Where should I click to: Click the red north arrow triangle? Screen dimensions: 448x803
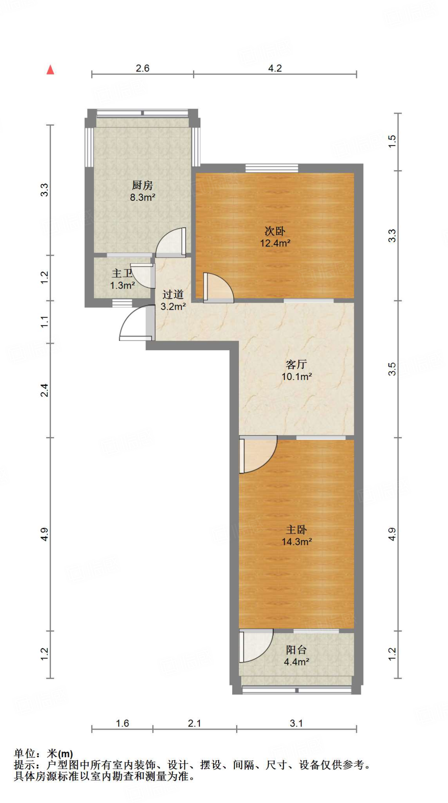50,70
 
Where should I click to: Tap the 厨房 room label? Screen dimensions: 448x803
142,185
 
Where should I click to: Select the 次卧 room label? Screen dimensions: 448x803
275,231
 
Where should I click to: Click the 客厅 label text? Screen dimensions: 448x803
296,365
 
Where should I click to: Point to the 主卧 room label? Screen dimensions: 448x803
296,530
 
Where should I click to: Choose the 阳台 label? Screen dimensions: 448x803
296,650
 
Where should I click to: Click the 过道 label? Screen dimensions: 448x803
173,294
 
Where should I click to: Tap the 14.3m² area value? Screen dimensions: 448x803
297,541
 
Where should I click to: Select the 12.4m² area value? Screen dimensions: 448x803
275,243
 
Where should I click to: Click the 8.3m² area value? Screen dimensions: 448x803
142,197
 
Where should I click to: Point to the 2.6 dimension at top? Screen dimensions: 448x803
142,68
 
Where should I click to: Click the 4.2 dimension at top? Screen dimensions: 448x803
275,68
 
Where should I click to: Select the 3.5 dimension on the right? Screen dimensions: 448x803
392,369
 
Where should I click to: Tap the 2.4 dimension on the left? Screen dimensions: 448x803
45,390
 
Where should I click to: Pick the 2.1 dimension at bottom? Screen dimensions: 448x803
195,723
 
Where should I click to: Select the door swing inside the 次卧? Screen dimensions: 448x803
218,287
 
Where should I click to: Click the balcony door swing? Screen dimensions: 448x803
256,646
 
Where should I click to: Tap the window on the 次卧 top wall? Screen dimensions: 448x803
272,168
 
